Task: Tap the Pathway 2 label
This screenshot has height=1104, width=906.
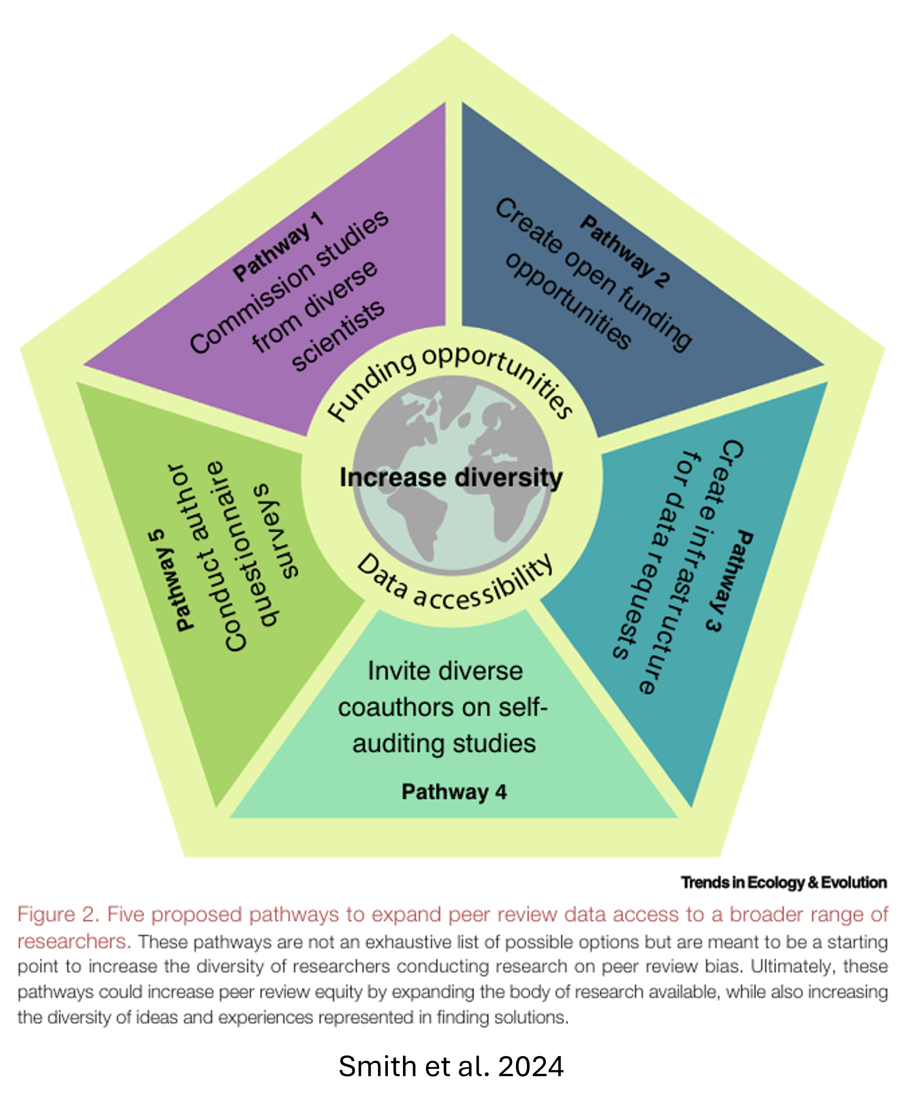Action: point(624,250)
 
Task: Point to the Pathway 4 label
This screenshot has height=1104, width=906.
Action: point(454,792)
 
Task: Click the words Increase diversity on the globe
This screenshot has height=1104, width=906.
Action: point(451,478)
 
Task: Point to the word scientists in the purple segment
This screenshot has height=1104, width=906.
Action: point(338,337)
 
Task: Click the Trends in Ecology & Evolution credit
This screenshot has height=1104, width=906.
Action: point(784,882)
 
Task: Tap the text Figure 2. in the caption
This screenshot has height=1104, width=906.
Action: point(58,915)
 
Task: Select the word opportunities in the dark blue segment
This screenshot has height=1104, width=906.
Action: point(568,302)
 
